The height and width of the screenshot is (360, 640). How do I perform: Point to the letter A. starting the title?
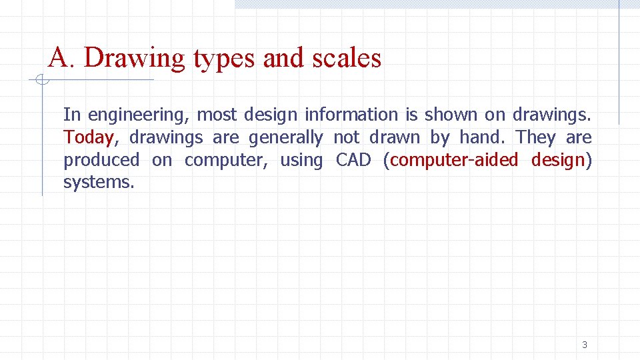62,58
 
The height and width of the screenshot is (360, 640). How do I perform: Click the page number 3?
585,345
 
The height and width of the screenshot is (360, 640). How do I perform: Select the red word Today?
89,138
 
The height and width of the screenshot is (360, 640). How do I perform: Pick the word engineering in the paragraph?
138,115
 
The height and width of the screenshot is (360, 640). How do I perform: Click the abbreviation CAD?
353,160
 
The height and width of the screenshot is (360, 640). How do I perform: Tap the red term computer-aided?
454,160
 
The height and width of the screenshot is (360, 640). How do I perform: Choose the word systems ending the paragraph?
98,182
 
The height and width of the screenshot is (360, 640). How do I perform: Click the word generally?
285,137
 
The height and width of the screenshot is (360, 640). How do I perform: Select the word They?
535,137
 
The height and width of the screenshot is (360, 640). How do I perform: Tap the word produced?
101,160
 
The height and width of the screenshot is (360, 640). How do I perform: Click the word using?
301,161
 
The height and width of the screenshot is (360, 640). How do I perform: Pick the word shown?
448,115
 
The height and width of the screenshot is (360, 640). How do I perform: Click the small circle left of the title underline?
41,81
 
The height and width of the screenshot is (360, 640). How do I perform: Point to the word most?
217,115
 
